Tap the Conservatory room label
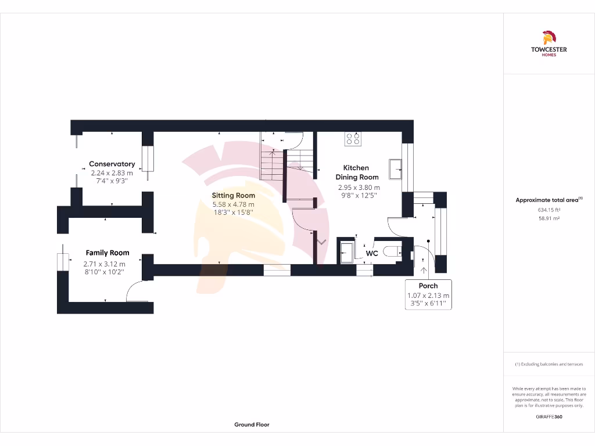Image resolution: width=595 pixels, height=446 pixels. click(x=112, y=164)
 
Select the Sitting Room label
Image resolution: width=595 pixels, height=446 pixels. click(x=233, y=196)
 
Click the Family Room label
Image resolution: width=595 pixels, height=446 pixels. click(x=107, y=253)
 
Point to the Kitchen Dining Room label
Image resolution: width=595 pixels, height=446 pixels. click(x=357, y=172)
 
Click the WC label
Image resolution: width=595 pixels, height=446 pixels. click(x=372, y=254)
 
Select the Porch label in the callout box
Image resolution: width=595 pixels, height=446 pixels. click(x=428, y=286)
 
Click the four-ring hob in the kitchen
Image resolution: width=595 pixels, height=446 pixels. click(x=353, y=138)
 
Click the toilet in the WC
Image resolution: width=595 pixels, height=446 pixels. click(x=392, y=251)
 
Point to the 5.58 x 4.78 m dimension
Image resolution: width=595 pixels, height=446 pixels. click(x=233, y=204)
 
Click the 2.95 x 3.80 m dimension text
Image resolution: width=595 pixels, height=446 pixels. click(x=359, y=188)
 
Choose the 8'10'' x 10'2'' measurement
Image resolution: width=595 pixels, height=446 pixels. click(x=105, y=272)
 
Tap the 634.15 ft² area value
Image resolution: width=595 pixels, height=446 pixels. click(x=549, y=210)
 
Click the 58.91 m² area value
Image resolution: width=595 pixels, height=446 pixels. click(x=549, y=219)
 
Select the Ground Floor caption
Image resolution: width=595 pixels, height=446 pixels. click(x=252, y=425)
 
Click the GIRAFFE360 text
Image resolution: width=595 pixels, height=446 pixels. click(x=549, y=416)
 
